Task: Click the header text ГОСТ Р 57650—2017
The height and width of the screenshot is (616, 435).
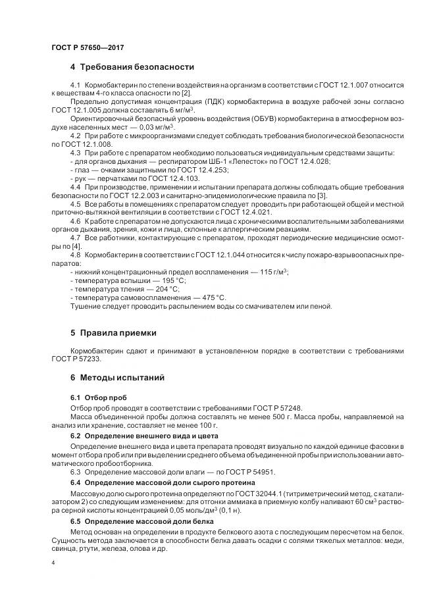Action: pos(87,47)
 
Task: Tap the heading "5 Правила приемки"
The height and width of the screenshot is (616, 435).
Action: pos(113,332)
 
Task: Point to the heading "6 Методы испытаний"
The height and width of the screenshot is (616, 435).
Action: pos(117,378)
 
